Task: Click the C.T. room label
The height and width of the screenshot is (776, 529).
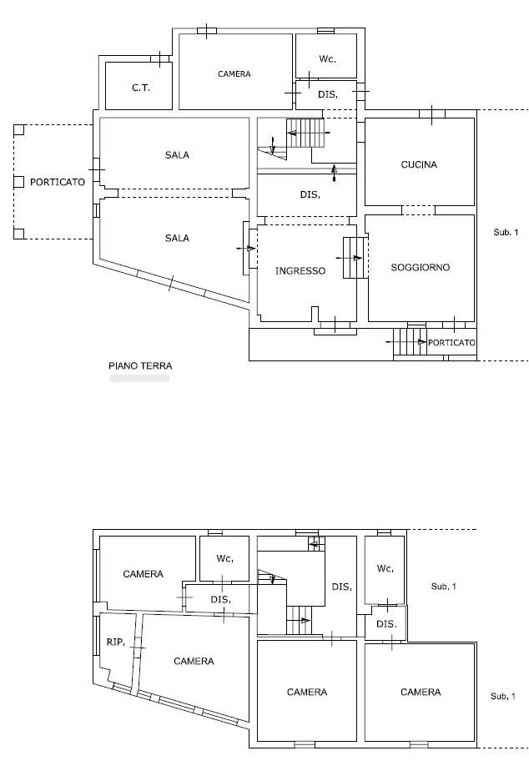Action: point(140,88)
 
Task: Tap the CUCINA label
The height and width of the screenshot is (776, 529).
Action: point(419,165)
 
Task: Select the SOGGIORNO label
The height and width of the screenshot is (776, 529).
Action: point(421,267)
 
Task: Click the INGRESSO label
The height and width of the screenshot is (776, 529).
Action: point(300,270)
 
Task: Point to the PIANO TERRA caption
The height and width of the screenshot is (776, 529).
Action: point(140,366)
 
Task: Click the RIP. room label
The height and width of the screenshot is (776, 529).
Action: point(116,642)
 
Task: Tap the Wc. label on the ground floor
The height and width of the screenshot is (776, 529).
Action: point(328,59)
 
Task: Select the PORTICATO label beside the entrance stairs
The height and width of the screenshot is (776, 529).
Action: point(451,342)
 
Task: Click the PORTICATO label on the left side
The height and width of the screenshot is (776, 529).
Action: point(58,182)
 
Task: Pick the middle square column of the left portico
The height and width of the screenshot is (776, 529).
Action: point(19,182)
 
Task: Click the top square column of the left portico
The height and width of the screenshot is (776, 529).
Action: point(19,129)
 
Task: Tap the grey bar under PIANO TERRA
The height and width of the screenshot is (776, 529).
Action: point(139,379)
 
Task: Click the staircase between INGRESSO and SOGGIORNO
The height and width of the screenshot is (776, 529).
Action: point(355,257)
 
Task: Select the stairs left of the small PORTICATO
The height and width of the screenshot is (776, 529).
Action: point(410,341)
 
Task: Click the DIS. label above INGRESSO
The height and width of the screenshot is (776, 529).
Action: point(310,195)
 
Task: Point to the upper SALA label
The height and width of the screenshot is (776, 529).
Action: point(177,155)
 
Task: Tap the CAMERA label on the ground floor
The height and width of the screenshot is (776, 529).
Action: point(234,73)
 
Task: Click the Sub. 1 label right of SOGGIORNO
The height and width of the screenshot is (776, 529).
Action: point(506,232)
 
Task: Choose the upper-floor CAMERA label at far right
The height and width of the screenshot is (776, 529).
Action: point(421,692)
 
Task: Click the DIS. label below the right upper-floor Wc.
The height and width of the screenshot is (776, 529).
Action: point(386,624)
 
